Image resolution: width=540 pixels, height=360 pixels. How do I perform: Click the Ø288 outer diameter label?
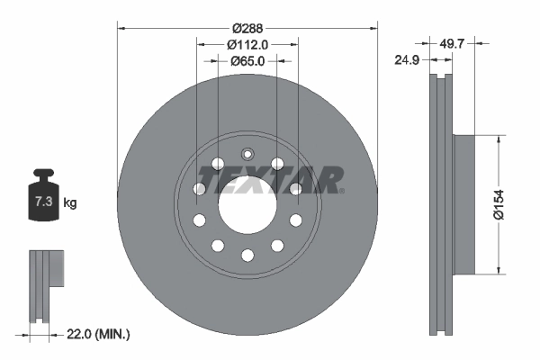coord(247,28)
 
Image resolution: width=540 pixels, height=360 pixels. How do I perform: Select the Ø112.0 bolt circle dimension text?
coord(247,45)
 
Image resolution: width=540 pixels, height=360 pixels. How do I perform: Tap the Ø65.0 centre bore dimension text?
coord(247,62)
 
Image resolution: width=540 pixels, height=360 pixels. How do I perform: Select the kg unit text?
coord(70,203)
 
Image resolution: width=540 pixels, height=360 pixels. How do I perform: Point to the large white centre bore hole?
coord(247,204)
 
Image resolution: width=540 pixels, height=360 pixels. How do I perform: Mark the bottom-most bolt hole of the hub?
coord(247,256)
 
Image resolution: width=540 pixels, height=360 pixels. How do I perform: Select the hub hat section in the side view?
coord(462,204)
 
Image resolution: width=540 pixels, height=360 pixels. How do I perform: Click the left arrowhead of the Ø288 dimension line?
coord(121,28)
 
